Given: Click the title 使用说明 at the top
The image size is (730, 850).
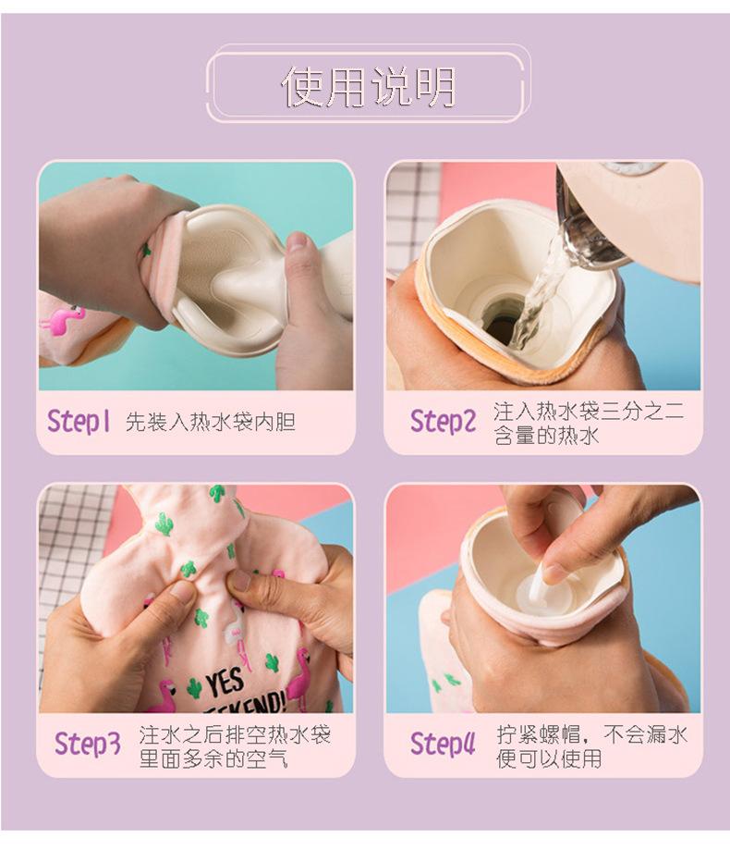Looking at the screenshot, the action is click(369, 86).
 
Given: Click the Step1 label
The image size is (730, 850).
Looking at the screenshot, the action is click(79, 421).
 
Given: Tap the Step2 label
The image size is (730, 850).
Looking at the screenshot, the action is click(443, 422).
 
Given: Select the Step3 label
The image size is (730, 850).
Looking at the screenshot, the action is click(87, 744).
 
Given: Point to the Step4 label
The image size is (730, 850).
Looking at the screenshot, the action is click(443, 744).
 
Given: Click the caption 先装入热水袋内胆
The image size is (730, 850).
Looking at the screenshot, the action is click(210, 422).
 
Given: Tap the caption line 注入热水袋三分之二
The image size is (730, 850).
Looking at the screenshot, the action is click(589, 412).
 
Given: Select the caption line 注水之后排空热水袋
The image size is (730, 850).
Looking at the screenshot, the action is click(235, 734).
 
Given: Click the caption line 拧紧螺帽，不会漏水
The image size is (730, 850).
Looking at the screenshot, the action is click(592, 734).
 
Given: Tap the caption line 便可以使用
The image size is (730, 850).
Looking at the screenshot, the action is click(549, 758).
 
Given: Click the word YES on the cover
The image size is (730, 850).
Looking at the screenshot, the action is click(225, 684).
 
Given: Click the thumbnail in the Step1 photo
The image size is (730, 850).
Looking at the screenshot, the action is click(298, 242).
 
